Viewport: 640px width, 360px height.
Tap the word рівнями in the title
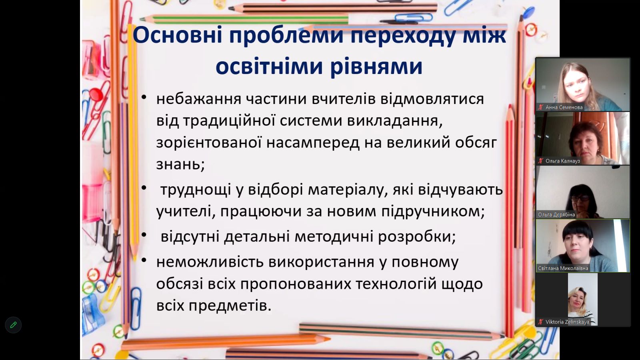coord(376,66)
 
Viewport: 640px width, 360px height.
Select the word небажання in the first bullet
coord(199,99)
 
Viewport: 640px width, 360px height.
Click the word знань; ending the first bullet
coord(180,164)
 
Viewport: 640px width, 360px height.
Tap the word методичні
coord(334,236)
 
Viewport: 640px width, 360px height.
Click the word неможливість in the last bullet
coord(210,262)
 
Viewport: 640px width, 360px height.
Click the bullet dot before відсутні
coord(144,234)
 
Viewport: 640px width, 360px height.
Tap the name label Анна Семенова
coord(564,108)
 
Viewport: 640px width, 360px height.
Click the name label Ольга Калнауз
coord(562,161)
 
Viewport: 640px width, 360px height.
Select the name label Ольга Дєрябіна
coord(556,214)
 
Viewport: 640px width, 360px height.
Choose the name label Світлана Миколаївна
coord(563,268)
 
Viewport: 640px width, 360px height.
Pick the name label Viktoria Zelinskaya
coord(567,322)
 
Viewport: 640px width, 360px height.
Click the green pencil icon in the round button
coord(13,325)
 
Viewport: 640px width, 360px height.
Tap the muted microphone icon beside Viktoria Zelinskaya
coord(540,322)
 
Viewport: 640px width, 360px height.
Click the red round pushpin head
coord(96,94)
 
